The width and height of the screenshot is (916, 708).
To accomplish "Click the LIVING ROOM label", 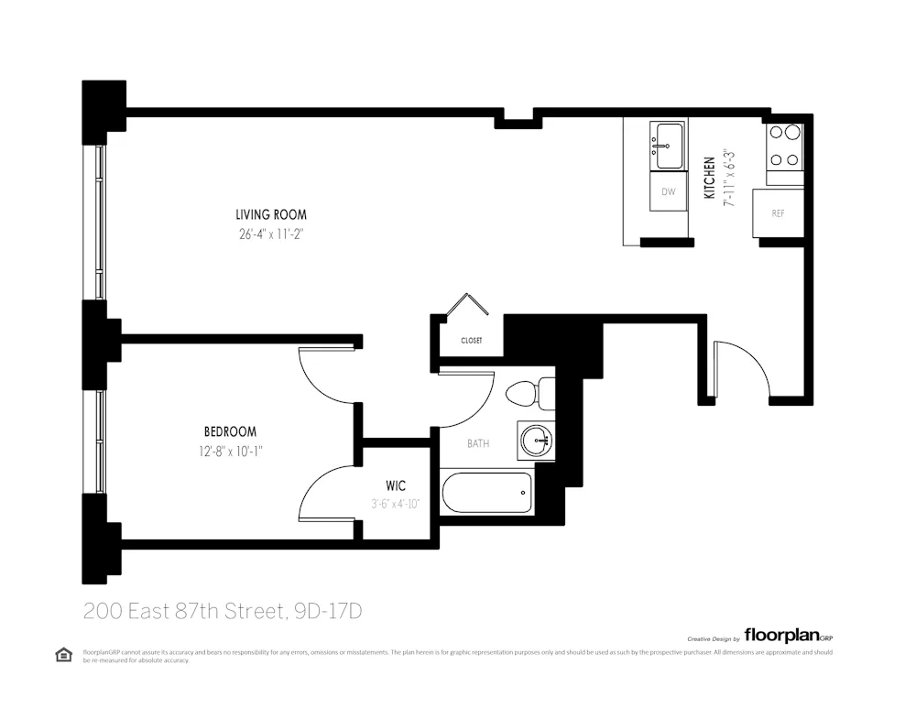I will tap(270, 214).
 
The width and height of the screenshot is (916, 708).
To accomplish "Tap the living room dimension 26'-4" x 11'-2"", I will tap(270, 234).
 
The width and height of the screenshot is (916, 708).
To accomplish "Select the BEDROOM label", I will tap(230, 431).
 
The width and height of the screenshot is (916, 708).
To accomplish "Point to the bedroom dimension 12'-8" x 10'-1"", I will tap(230, 450).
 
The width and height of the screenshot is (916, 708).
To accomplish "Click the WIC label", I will tap(396, 485).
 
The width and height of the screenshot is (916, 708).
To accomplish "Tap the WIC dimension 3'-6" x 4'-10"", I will tap(396, 503).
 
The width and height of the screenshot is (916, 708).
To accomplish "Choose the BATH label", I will tap(478, 443).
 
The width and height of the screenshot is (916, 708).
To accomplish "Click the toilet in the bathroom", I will tap(527, 393).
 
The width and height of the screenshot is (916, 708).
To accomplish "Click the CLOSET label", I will tap(471, 341).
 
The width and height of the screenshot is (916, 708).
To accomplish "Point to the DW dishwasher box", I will tap(669, 191).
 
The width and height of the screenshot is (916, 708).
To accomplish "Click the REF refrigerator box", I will tap(778, 213).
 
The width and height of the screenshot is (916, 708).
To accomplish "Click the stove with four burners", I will tap(785, 146).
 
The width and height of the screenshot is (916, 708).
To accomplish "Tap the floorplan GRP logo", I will tap(787, 635).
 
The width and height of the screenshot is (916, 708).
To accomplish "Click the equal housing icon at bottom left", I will tap(63, 654).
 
